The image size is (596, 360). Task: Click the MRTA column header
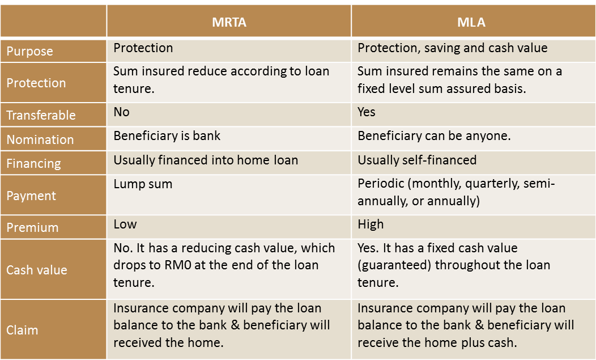click(229, 22)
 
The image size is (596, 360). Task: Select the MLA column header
click(471, 22)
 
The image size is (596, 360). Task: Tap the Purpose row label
click(29, 52)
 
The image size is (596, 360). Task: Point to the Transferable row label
click(41, 115)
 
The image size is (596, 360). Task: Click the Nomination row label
click(40, 139)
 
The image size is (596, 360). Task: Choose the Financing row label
click(33, 164)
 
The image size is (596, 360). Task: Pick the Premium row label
click(32, 227)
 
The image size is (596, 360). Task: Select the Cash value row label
click(36, 270)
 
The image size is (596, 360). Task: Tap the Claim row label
click(22, 330)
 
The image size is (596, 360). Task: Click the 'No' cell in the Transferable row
click(122, 112)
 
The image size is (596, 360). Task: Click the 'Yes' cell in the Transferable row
click(367, 112)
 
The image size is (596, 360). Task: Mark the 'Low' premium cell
click(125, 224)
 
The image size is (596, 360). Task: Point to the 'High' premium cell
click(371, 225)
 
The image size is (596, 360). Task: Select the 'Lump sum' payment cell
click(143, 184)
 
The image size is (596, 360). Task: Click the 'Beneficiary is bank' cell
click(167, 136)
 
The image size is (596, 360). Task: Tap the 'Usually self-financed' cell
click(417, 160)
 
